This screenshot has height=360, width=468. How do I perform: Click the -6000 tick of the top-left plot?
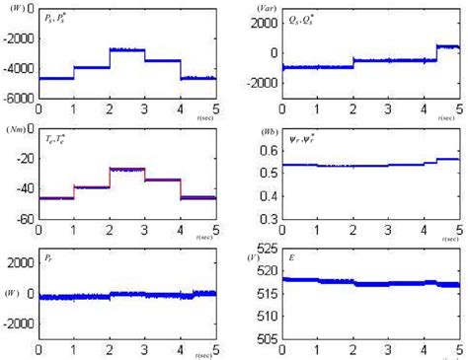(x=23, y=97)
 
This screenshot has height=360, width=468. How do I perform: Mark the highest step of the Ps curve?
(x=126, y=49)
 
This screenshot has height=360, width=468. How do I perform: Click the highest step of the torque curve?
(x=126, y=170)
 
